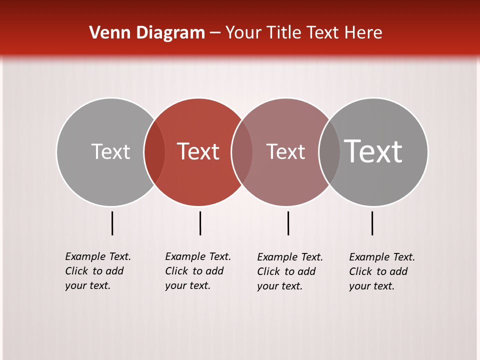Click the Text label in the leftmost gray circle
pos(110,151)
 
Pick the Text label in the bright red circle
pos(198,151)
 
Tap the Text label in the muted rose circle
pos(285,151)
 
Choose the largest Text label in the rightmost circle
pos(373,151)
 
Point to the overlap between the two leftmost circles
pos(154,151)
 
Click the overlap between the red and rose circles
pos(242,151)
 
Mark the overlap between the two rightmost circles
pos(329,151)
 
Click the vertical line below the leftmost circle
pos(112,223)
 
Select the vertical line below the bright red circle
pos(200,223)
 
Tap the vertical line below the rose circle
pos(288,223)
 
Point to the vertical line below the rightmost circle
pos(372,223)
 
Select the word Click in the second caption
pos(176,271)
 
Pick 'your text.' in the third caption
pos(280,286)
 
